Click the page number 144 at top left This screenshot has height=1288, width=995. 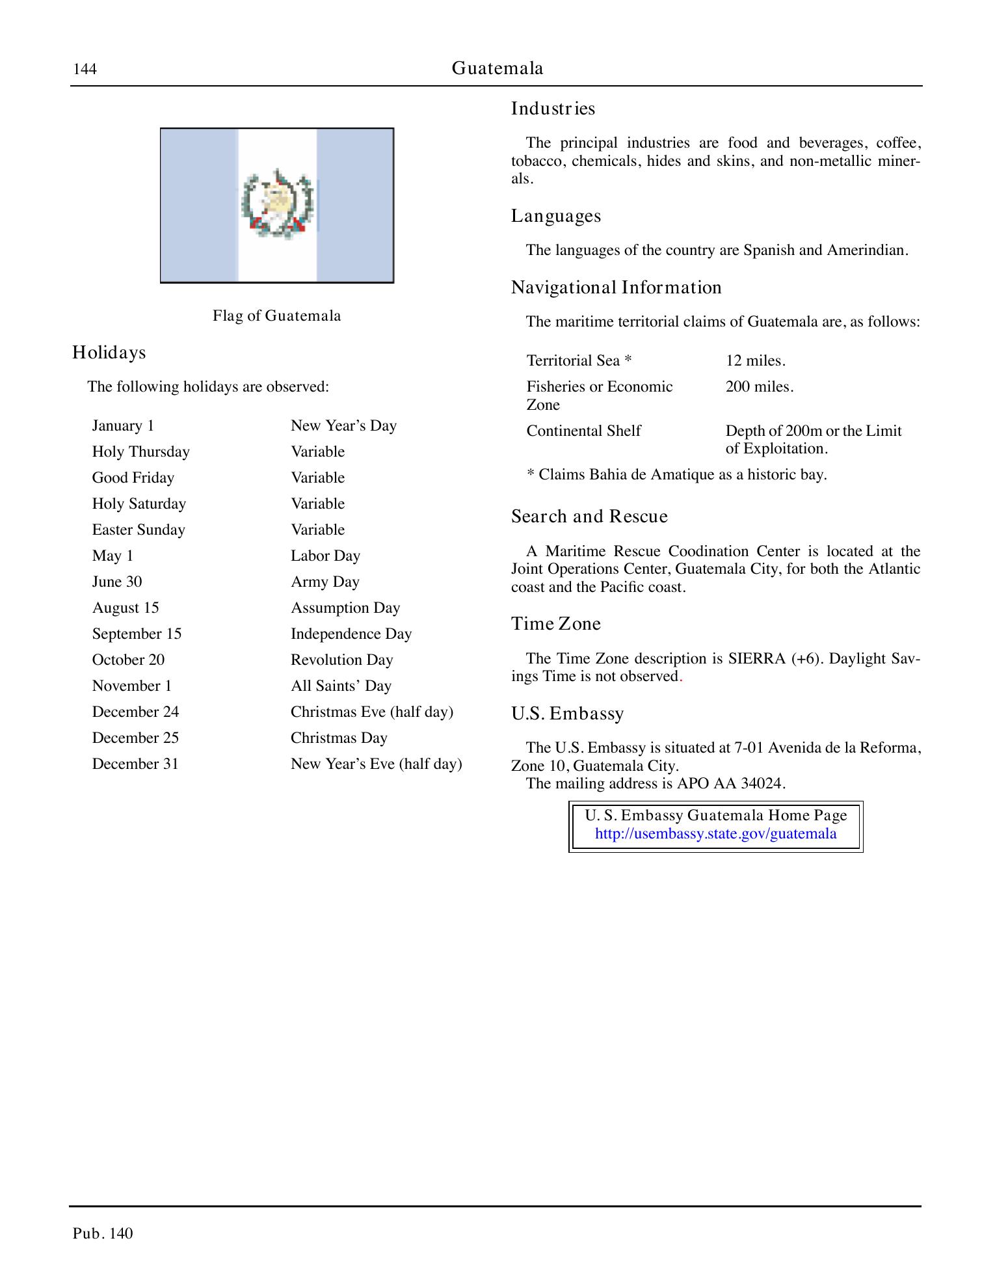click(85, 69)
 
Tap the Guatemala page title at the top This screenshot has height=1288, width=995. click(497, 68)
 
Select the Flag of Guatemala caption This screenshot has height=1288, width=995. click(276, 316)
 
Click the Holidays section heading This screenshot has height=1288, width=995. click(109, 353)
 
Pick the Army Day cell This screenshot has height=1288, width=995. click(325, 582)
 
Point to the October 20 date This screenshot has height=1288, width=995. click(128, 660)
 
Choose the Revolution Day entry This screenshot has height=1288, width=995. click(341, 660)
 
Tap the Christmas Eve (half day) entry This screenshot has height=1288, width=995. click(371, 712)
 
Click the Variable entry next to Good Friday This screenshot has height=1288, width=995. click(317, 478)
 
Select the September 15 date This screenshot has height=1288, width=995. click(137, 634)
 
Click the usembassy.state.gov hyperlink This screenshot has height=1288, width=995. click(715, 835)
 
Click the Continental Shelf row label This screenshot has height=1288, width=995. click(583, 431)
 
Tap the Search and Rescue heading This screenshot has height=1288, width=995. click(589, 517)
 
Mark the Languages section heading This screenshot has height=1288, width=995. click(555, 216)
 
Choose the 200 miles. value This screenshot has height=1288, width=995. click(759, 387)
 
